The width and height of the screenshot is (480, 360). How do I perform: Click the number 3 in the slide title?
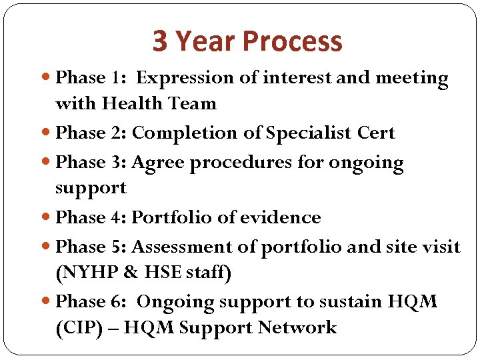(x=160, y=41)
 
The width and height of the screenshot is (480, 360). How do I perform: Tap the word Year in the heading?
(x=206, y=41)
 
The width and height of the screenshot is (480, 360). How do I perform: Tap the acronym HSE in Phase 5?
(x=159, y=273)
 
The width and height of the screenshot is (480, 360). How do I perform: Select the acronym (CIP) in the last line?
(x=77, y=328)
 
